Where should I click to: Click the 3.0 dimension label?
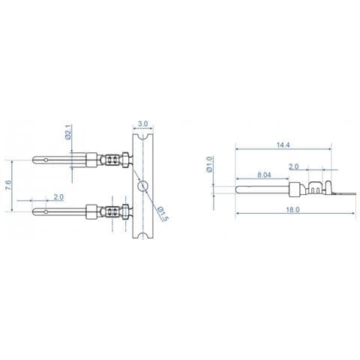coord(143,124)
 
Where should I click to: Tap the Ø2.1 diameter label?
coord(68,131)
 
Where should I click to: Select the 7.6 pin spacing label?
coord(8,185)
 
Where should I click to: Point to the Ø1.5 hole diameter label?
coord(163,214)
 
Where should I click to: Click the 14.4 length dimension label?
coord(283,145)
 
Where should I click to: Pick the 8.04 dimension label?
coord(264,175)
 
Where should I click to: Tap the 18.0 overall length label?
coord(292,209)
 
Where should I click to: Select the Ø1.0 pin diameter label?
coord(209,164)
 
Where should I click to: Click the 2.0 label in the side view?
coord(294,166)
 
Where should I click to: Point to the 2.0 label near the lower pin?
coord(58,197)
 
